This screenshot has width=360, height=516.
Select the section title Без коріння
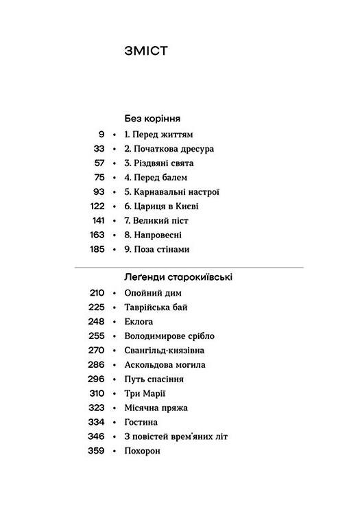pyautogui.click(x=157, y=119)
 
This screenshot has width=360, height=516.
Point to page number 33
pyautogui.click(x=99, y=149)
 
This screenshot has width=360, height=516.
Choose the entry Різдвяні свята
pyautogui.click(x=159, y=163)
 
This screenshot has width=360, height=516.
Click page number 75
pyautogui.click(x=99, y=178)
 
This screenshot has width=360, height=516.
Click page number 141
pyautogui.click(x=97, y=221)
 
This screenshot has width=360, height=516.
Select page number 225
pyautogui.click(x=97, y=307)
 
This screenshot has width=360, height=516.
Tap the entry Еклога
pyautogui.click(x=139, y=322)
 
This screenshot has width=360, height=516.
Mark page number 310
pyautogui.click(x=97, y=394)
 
